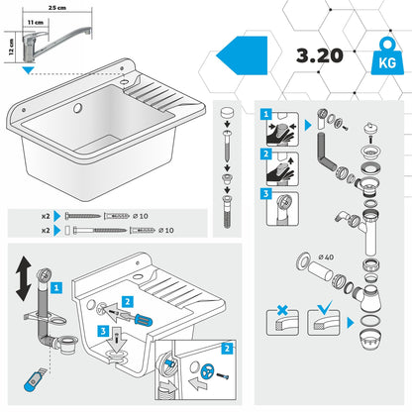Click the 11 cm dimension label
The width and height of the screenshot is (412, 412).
coord(35,21)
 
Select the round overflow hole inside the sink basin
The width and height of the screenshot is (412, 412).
coord(79,106)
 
